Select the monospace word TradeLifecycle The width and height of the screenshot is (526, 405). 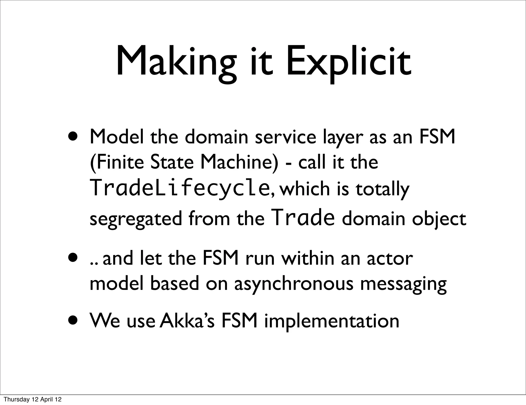coord(179,188)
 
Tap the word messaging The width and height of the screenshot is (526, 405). coord(403,284)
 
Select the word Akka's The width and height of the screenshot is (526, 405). coord(187,321)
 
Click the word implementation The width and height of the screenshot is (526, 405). coord(332,321)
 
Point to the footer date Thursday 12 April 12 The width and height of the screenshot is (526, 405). coord(33,400)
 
